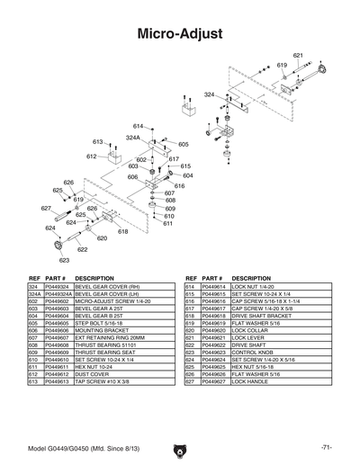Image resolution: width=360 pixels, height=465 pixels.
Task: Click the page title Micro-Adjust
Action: [180, 34]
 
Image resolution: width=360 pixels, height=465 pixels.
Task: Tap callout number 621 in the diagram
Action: [298, 56]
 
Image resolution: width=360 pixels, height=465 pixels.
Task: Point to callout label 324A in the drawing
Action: [131, 138]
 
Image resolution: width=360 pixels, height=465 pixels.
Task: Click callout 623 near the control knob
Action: [64, 259]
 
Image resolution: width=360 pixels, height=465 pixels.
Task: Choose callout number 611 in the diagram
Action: [167, 223]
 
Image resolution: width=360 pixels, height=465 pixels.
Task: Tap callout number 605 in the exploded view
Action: [184, 144]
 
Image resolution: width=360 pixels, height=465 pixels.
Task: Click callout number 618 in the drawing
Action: [122, 231]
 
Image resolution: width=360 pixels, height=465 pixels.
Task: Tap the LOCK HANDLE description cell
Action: [252, 382]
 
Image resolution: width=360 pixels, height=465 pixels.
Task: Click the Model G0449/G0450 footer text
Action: [76, 447]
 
